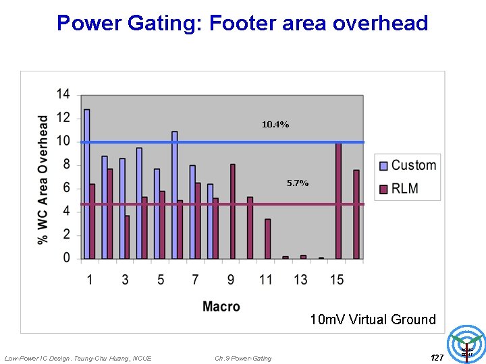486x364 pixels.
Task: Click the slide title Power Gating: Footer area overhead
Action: coord(242,23)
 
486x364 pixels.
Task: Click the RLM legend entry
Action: coord(404,189)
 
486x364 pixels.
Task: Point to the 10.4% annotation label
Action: coord(275,125)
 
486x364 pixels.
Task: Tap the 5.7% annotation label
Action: coord(297,183)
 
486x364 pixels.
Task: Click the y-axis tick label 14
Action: coord(62,94)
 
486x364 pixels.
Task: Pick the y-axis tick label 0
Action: coord(65,258)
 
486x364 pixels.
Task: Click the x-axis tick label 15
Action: coord(337,279)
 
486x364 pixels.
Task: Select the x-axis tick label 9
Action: coord(231,279)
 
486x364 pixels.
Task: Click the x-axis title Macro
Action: coord(221,307)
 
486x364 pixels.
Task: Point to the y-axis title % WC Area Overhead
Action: coord(43,179)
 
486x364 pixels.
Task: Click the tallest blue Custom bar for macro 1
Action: coord(86,183)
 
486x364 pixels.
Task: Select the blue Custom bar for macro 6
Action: coord(174,195)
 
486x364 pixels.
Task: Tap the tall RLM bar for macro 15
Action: coord(338,200)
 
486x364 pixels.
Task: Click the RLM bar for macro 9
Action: coord(232,211)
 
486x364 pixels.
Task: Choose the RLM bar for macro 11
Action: coord(267,239)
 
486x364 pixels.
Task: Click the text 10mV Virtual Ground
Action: coord(373,320)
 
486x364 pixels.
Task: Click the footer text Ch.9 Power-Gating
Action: coord(243,358)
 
